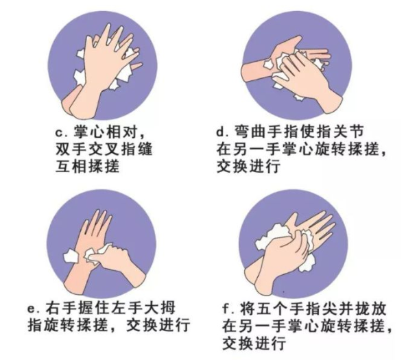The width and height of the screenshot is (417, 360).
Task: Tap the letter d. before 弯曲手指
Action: (223, 132)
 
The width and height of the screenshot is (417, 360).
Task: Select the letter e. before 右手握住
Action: (34, 309)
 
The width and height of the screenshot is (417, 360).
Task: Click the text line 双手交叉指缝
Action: (104, 149)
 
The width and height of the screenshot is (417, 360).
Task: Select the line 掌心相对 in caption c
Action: (109, 132)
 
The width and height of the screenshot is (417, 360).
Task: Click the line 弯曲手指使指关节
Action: (299, 132)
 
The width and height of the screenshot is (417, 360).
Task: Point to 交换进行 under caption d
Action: (249, 167)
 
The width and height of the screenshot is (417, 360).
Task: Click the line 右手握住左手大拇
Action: (110, 308)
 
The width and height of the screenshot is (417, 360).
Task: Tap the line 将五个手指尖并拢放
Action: (313, 309)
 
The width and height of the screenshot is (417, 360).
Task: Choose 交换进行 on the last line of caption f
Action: (254, 344)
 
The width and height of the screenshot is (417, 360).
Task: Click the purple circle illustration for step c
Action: (103, 65)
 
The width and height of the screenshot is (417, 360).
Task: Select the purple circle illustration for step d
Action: (297, 65)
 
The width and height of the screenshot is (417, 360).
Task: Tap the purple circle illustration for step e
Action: (102, 244)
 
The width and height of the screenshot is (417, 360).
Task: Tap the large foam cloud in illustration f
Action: (272, 237)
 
